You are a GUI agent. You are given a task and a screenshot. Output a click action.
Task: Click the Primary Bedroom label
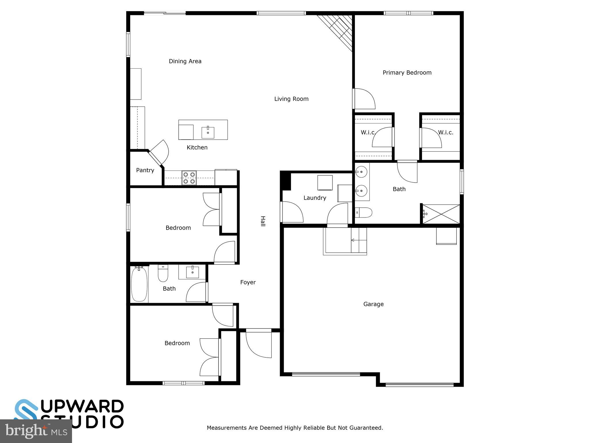pyautogui.click(x=407, y=73)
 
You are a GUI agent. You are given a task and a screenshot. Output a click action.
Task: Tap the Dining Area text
pyautogui.click(x=185, y=61)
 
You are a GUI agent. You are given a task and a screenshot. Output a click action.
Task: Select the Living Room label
pyautogui.click(x=291, y=99)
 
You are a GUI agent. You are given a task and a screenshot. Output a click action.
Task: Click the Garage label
pyautogui.click(x=373, y=304)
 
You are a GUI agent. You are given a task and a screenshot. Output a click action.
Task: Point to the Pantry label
pyautogui.click(x=145, y=170)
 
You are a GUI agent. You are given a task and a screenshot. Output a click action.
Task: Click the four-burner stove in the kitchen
pyautogui.click(x=189, y=178)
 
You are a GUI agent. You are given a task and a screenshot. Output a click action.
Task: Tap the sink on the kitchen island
pyautogui.click(x=208, y=132)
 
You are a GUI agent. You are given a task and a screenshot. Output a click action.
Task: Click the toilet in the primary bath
pyautogui.click(x=364, y=213)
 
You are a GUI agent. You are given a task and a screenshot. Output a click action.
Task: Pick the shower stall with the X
pyautogui.click(x=441, y=214)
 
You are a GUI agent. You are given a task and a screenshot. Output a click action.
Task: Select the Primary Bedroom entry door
pyautogui.click(x=364, y=99)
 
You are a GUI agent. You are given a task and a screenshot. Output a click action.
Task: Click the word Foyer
pyautogui.click(x=248, y=282)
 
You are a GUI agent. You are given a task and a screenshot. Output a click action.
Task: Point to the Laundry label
pyautogui.click(x=315, y=198)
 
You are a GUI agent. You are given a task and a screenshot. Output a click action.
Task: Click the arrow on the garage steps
pyautogui.click(x=353, y=240)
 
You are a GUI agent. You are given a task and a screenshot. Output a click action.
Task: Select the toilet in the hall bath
pyautogui.click(x=163, y=274)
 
